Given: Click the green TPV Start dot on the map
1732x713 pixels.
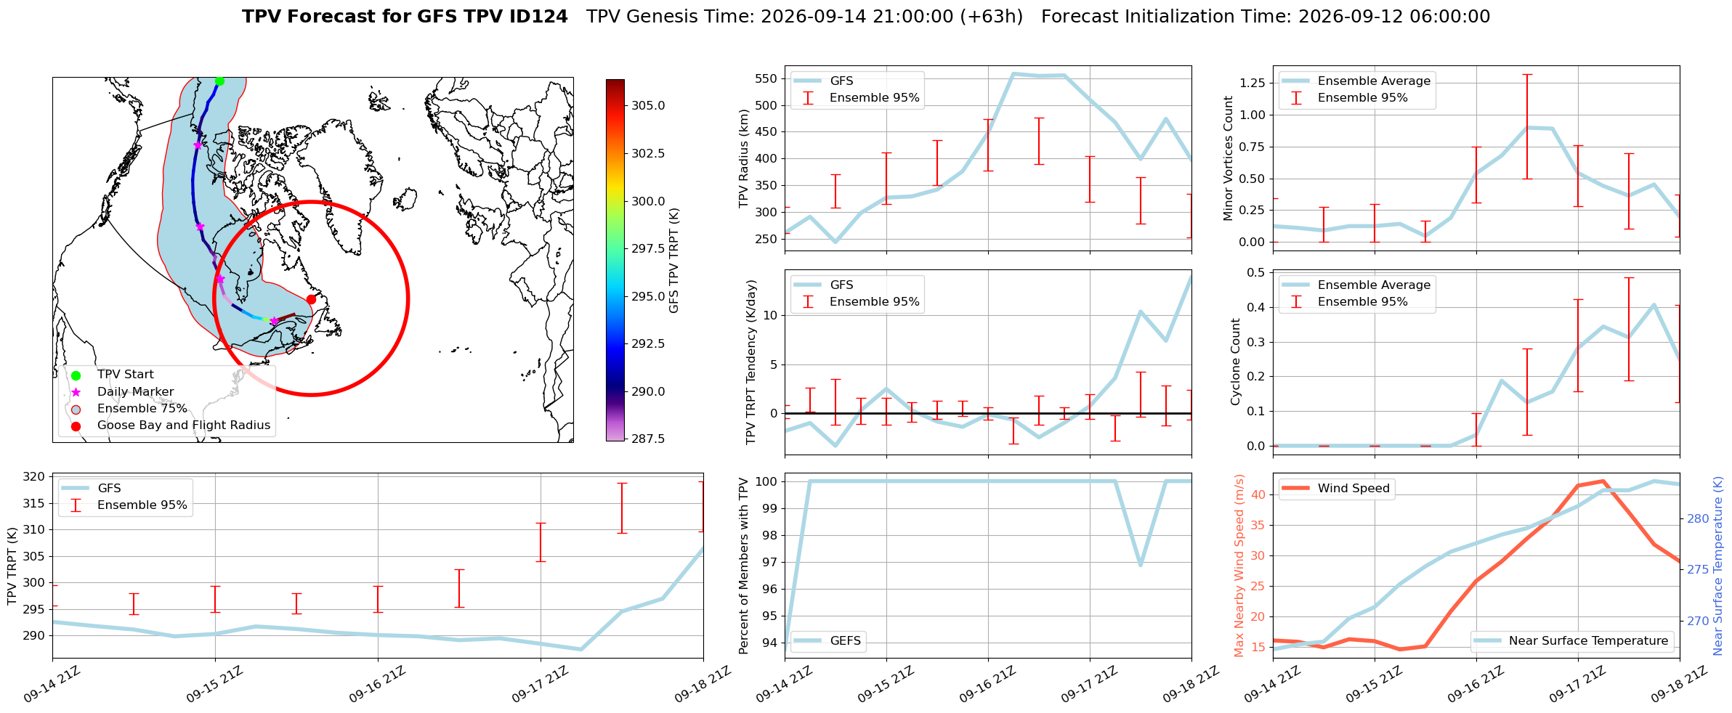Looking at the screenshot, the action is click(x=219, y=81).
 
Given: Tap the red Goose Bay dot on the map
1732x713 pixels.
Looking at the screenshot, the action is click(x=311, y=299).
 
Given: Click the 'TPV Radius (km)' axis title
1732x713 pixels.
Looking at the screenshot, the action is click(x=743, y=159).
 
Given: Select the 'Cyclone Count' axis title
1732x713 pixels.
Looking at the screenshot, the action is click(x=1235, y=362).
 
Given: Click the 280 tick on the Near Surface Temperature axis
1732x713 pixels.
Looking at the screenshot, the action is click(x=1697, y=518).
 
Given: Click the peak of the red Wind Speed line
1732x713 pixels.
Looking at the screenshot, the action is click(x=1603, y=481).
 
